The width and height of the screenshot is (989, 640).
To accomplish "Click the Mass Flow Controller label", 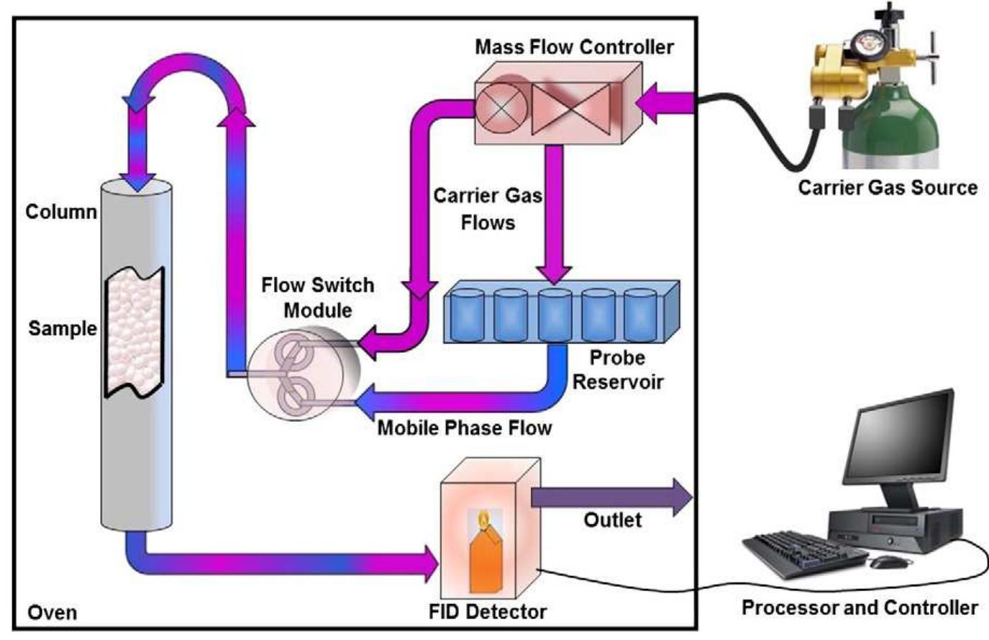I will (574, 48).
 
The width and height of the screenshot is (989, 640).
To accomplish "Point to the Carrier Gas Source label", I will (888, 188).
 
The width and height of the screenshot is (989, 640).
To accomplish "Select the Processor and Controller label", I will (860, 608).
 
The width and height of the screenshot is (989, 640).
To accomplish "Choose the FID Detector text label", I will (487, 612).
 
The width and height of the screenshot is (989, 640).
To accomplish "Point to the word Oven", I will (52, 613).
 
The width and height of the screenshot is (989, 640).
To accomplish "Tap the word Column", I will (60, 212).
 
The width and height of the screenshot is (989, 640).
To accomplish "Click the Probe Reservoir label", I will (616, 369).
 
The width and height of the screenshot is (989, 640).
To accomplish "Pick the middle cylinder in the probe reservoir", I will (555, 315).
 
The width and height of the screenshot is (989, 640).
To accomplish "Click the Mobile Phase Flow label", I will (465, 428).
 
